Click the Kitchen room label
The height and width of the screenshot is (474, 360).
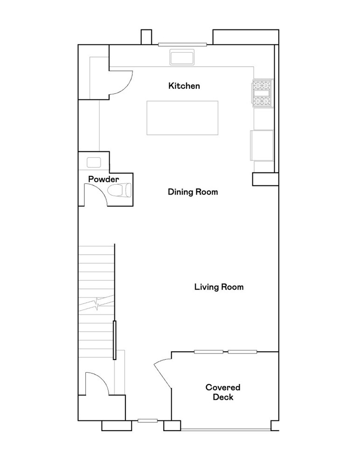(x=184, y=86)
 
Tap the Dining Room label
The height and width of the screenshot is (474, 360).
(x=193, y=192)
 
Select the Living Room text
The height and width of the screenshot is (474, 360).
(x=219, y=287)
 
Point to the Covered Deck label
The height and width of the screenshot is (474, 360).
(x=223, y=392)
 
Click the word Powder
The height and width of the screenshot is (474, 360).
(x=104, y=179)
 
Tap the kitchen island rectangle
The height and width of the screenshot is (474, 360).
(x=182, y=118)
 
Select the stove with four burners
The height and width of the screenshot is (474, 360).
(x=263, y=93)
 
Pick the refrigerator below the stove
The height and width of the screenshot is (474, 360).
(x=263, y=145)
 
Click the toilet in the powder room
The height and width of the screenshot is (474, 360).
(x=119, y=190)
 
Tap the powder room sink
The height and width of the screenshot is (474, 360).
(x=93, y=162)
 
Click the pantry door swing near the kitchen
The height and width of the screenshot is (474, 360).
(x=121, y=83)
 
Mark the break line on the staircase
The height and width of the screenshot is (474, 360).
(x=97, y=304)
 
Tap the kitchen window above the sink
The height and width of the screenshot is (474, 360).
(x=182, y=45)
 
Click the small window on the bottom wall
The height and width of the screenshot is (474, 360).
(x=147, y=421)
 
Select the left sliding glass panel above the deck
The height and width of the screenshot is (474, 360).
(x=208, y=352)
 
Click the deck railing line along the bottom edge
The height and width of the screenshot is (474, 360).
(x=226, y=430)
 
